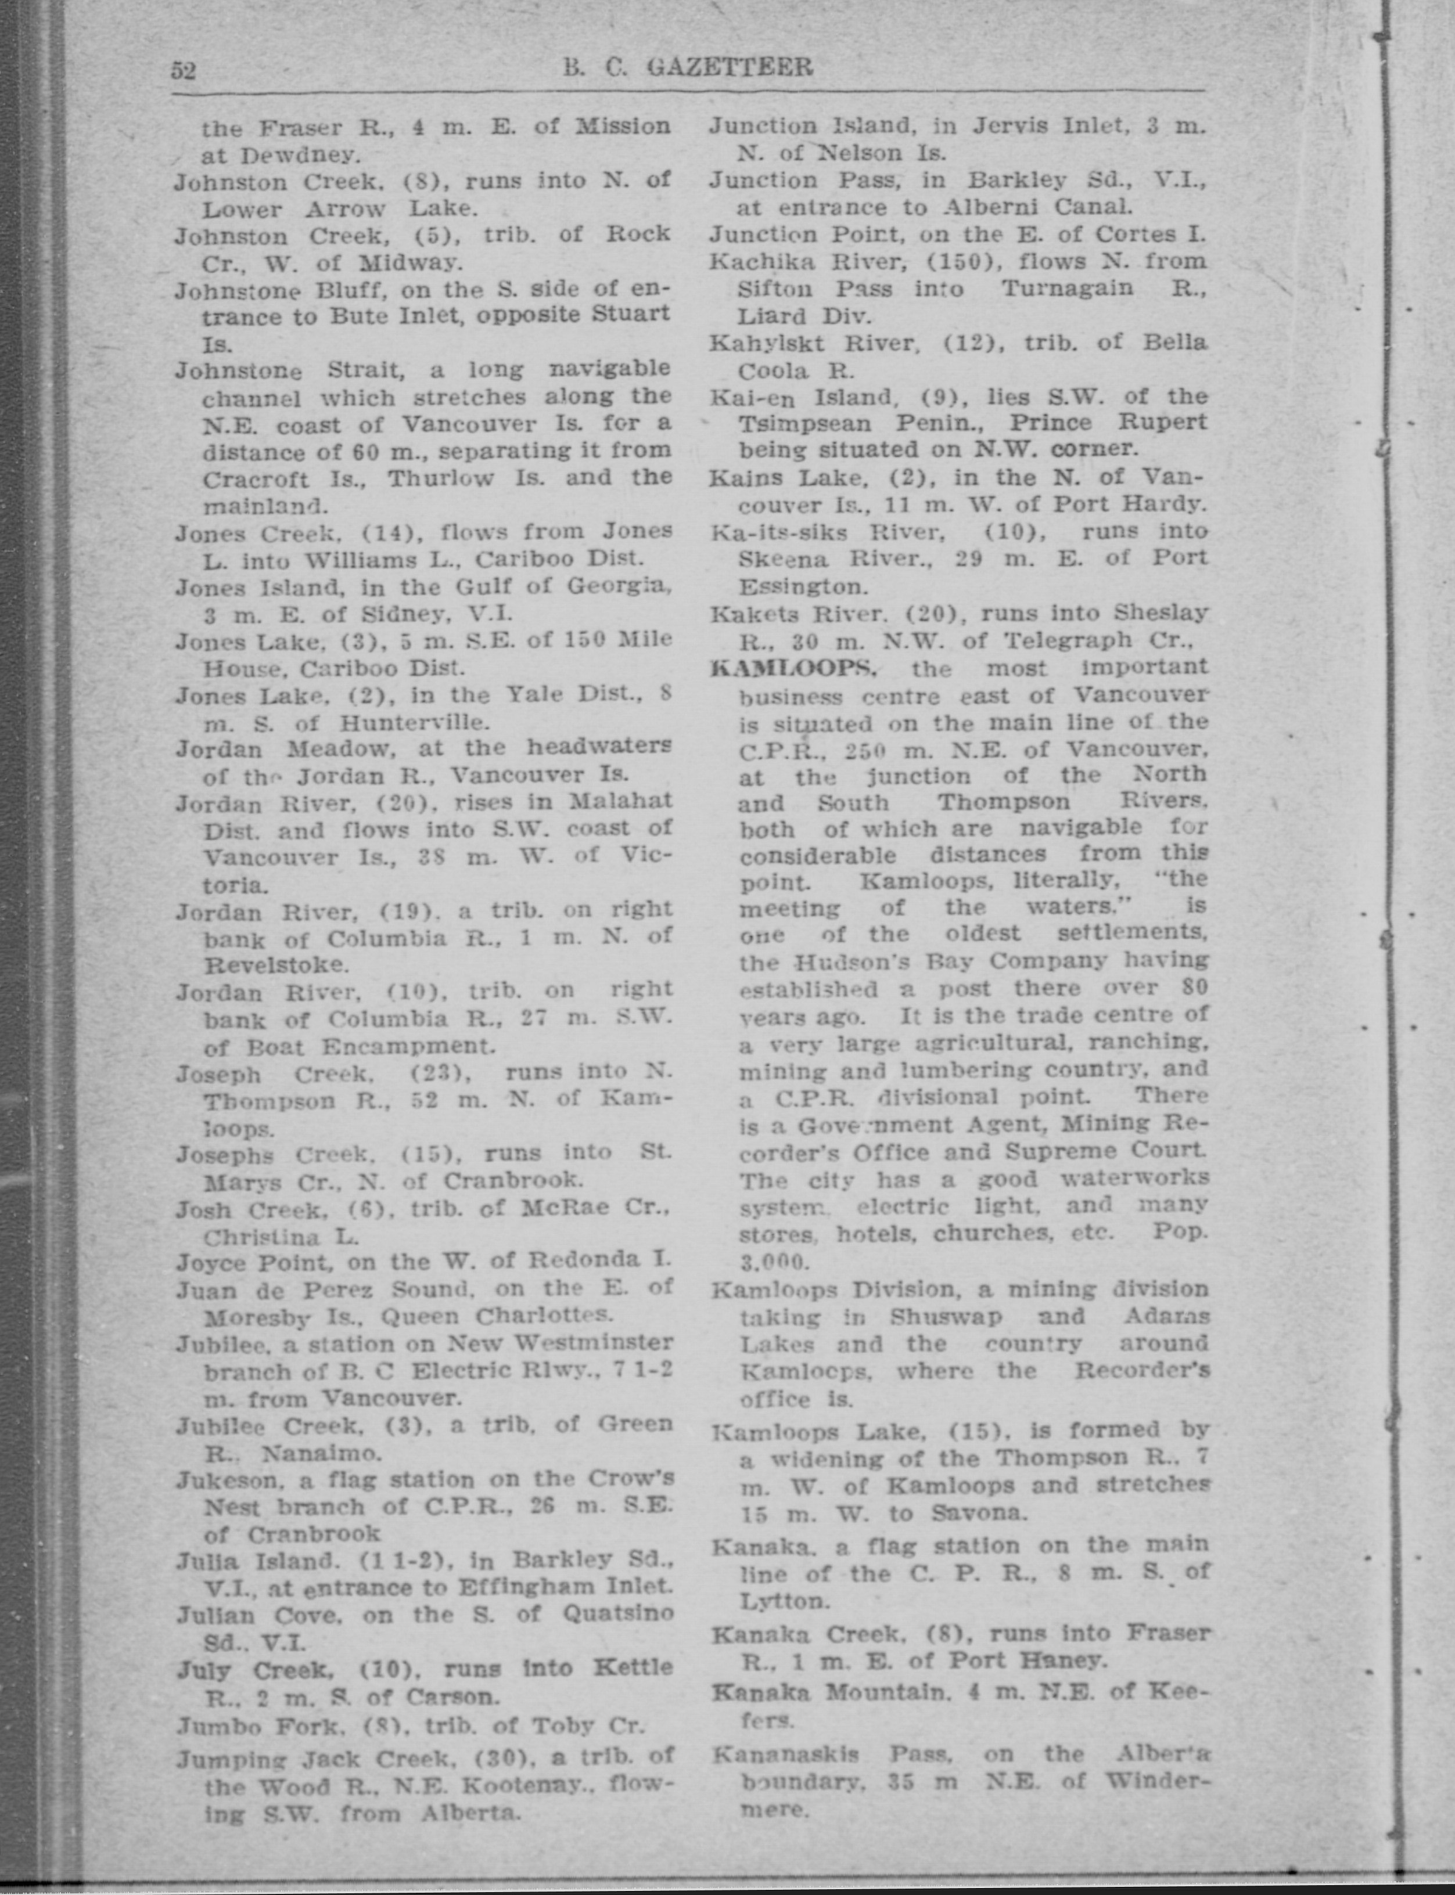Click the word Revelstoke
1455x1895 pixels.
coord(276,964)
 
